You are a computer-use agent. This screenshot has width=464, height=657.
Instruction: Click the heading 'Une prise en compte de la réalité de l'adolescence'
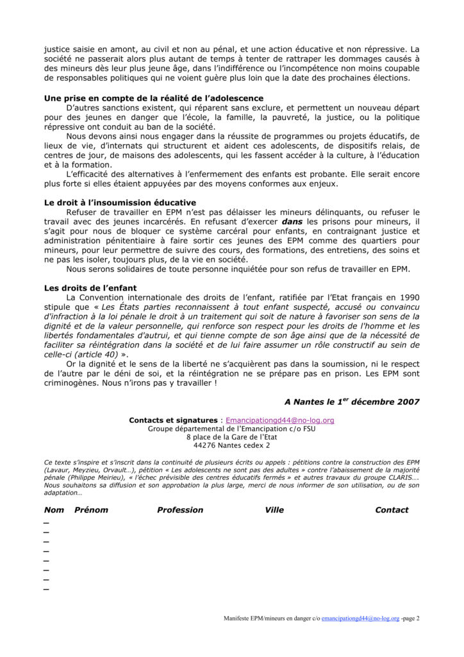(153, 98)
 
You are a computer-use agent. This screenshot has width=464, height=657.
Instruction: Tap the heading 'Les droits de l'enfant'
(90, 287)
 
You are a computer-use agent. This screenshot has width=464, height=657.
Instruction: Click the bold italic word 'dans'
(295, 221)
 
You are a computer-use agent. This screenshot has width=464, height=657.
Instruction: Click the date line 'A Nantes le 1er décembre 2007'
(352, 402)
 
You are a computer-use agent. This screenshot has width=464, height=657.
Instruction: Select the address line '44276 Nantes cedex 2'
(231, 445)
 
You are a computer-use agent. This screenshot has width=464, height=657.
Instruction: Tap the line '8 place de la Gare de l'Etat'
(231, 437)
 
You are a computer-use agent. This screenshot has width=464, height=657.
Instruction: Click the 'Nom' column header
(54, 510)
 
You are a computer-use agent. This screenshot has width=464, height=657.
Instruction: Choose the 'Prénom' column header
(91, 510)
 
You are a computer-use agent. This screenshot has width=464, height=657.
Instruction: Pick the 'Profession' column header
(180, 510)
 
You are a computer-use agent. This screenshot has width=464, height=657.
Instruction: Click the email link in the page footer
(360, 619)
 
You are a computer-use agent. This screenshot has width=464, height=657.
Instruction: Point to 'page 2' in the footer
(411, 619)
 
